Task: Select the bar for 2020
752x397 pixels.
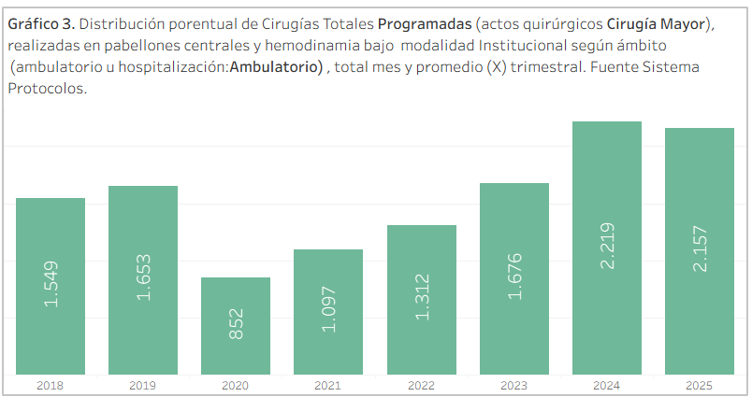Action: point(236,326)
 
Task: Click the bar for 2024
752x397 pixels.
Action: point(607,248)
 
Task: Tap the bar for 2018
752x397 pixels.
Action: point(51,286)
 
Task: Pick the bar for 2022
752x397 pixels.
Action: point(422,300)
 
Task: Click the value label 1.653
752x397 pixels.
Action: point(143,278)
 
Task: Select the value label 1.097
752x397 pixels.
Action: point(328,311)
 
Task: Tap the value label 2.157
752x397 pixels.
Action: point(700,249)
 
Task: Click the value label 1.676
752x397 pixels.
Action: point(514,277)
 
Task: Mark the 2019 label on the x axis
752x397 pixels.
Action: point(143,385)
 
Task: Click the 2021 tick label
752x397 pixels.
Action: point(328,385)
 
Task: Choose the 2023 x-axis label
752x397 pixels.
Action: point(514,385)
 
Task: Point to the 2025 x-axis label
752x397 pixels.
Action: point(700,385)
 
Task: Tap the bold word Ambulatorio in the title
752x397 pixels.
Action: point(276,67)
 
